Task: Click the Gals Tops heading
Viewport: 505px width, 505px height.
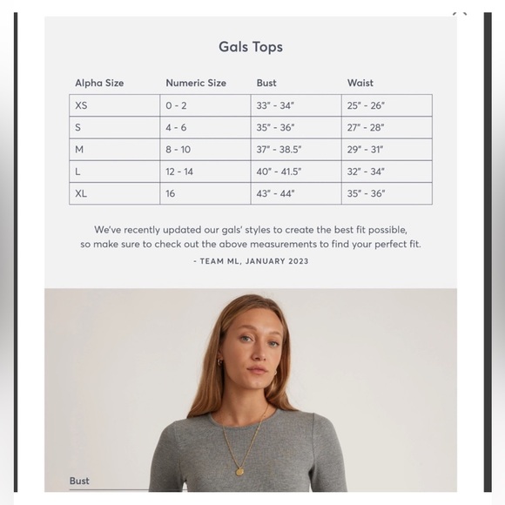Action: (x=251, y=47)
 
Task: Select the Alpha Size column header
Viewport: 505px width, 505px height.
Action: (x=99, y=83)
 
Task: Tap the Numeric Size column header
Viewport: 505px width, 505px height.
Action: (x=196, y=83)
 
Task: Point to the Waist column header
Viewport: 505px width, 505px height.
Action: (x=360, y=83)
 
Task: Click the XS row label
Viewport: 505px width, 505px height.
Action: (x=81, y=105)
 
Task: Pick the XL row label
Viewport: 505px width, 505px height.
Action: (x=81, y=193)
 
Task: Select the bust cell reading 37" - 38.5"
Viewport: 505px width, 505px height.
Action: (x=279, y=150)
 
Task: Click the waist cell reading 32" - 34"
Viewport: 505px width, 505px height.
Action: (x=366, y=172)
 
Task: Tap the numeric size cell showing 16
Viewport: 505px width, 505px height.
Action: (x=171, y=193)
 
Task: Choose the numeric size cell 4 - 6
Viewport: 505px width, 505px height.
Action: (x=176, y=127)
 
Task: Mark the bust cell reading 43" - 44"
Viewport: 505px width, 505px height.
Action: (x=275, y=193)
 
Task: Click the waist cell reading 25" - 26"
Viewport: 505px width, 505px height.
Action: (x=366, y=105)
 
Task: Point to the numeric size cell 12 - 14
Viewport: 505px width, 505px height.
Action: (x=179, y=172)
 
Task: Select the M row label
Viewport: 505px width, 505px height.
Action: (x=79, y=150)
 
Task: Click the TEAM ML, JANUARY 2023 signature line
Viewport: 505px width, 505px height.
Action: (x=251, y=261)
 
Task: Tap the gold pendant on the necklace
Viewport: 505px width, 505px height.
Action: (x=239, y=471)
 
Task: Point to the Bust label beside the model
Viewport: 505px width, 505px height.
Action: (x=79, y=481)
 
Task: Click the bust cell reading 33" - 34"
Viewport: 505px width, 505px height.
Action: (x=275, y=105)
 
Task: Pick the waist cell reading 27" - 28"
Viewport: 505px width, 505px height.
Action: (x=366, y=127)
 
